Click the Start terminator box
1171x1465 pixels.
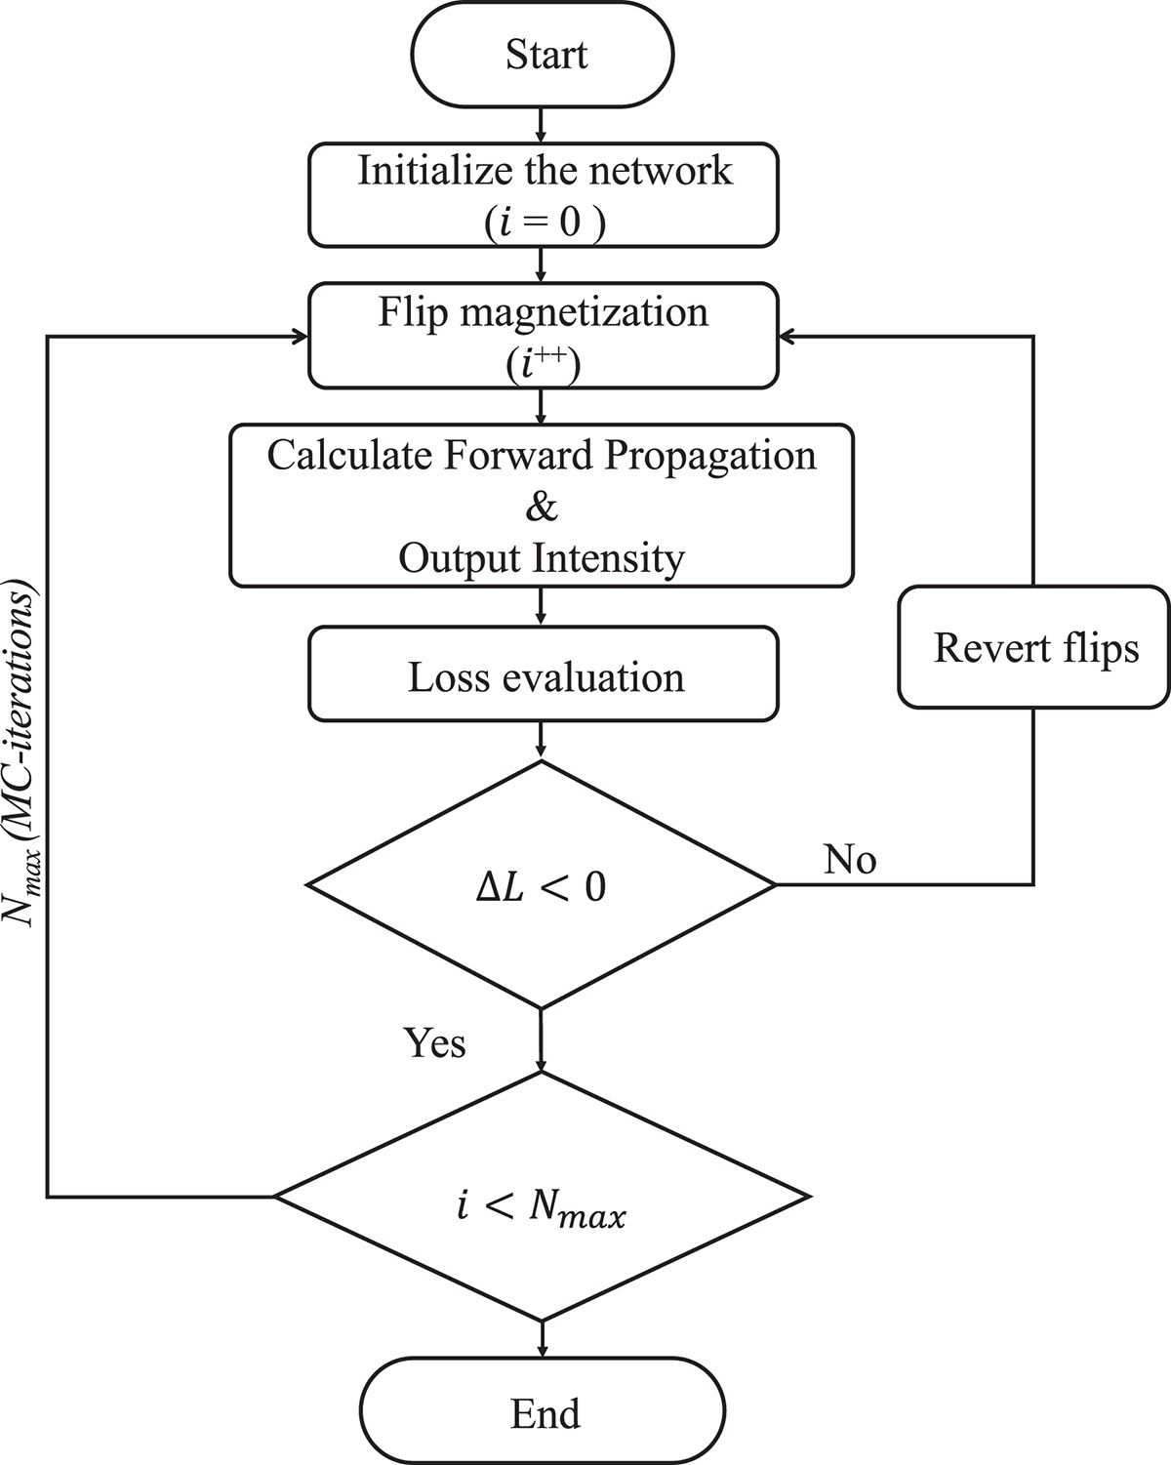(x=545, y=54)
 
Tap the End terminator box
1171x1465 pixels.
(x=545, y=1412)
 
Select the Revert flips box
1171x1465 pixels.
(x=1034, y=647)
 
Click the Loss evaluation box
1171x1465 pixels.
(x=545, y=676)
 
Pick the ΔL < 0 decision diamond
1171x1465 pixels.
(x=543, y=885)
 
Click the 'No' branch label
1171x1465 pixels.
(x=850, y=859)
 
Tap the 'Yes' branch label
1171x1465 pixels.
(x=435, y=1042)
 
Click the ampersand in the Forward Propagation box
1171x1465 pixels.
(x=542, y=508)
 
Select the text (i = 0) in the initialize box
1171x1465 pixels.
(x=545, y=223)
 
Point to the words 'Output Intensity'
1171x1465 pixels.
(x=542, y=558)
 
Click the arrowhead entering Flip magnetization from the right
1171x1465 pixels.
(x=788, y=337)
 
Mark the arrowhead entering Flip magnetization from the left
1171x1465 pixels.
(x=299, y=337)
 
